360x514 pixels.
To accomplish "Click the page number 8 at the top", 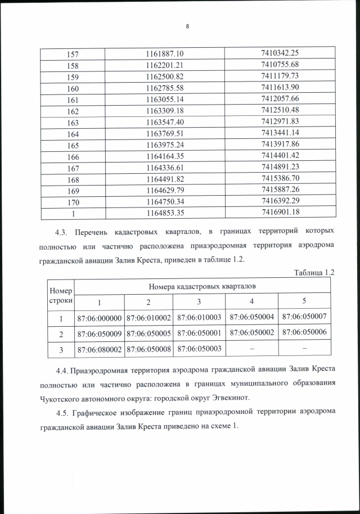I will pos(187,25).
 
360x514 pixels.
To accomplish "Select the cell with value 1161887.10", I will pos(165,53).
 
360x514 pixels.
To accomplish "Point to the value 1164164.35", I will pos(165,156).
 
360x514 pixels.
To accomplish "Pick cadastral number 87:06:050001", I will pos(201,333).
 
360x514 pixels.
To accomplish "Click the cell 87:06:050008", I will pos(151,349).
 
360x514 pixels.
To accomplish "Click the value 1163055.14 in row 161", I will pos(165,99).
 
